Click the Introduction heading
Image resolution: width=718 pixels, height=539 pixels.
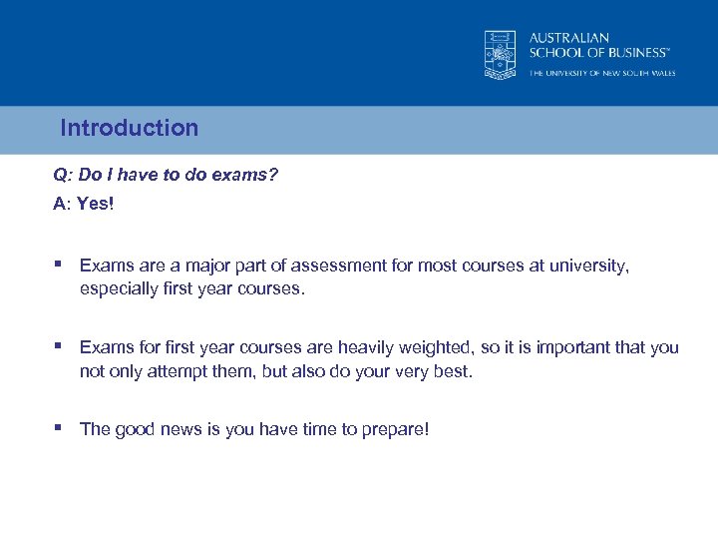coord(130,128)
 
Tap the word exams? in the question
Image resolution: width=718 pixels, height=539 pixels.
coord(247,175)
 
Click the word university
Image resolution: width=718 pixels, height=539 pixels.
coord(591,267)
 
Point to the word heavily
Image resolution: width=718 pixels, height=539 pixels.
coord(372,347)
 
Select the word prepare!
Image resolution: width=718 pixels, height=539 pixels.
coord(395,429)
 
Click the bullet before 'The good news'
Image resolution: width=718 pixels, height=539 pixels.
coord(60,428)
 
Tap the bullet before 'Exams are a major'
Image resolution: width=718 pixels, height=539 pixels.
coord(60,266)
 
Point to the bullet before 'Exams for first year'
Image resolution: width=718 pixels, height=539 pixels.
coord(60,346)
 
